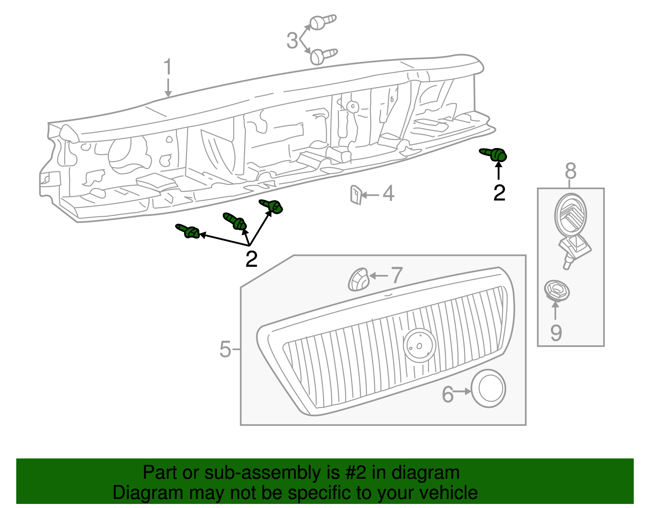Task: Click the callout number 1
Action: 168,68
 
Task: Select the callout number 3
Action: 292,41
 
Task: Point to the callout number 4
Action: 388,194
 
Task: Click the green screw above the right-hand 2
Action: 494,155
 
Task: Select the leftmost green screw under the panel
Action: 188,231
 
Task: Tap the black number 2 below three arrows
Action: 251,259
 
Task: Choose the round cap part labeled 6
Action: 489,388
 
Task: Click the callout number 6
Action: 447,395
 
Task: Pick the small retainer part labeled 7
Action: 358,279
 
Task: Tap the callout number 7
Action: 396,275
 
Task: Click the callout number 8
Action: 570,171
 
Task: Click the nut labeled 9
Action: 557,290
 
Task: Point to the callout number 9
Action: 556,332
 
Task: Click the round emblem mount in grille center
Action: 419,345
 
